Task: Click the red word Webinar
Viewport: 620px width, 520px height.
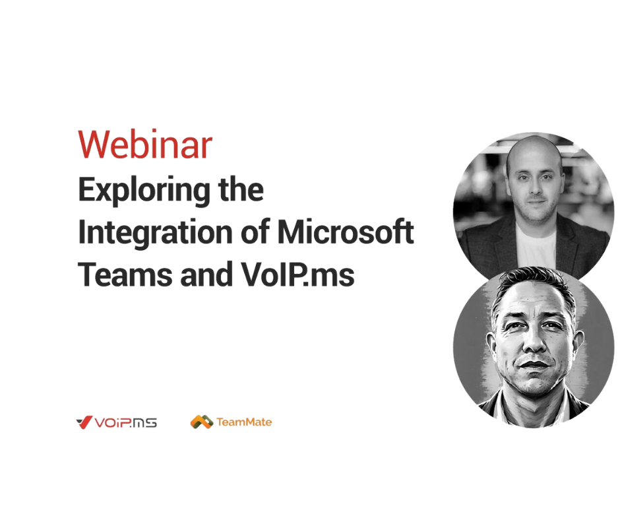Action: [x=145, y=145]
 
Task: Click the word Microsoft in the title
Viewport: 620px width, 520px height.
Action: [x=346, y=232]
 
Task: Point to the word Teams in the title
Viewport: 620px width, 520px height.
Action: [x=125, y=275]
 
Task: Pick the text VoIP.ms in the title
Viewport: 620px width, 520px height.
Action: [x=297, y=275]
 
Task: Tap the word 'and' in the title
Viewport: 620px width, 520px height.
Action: [x=206, y=275]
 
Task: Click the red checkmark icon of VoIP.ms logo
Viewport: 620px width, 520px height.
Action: [x=84, y=422]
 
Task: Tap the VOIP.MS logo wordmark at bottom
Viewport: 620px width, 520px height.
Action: [x=125, y=422]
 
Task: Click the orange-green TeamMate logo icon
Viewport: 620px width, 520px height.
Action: [x=202, y=422]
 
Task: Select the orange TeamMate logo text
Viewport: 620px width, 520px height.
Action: [x=244, y=422]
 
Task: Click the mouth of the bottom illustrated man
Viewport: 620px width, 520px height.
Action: [x=534, y=364]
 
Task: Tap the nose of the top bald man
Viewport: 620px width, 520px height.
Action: [x=535, y=186]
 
